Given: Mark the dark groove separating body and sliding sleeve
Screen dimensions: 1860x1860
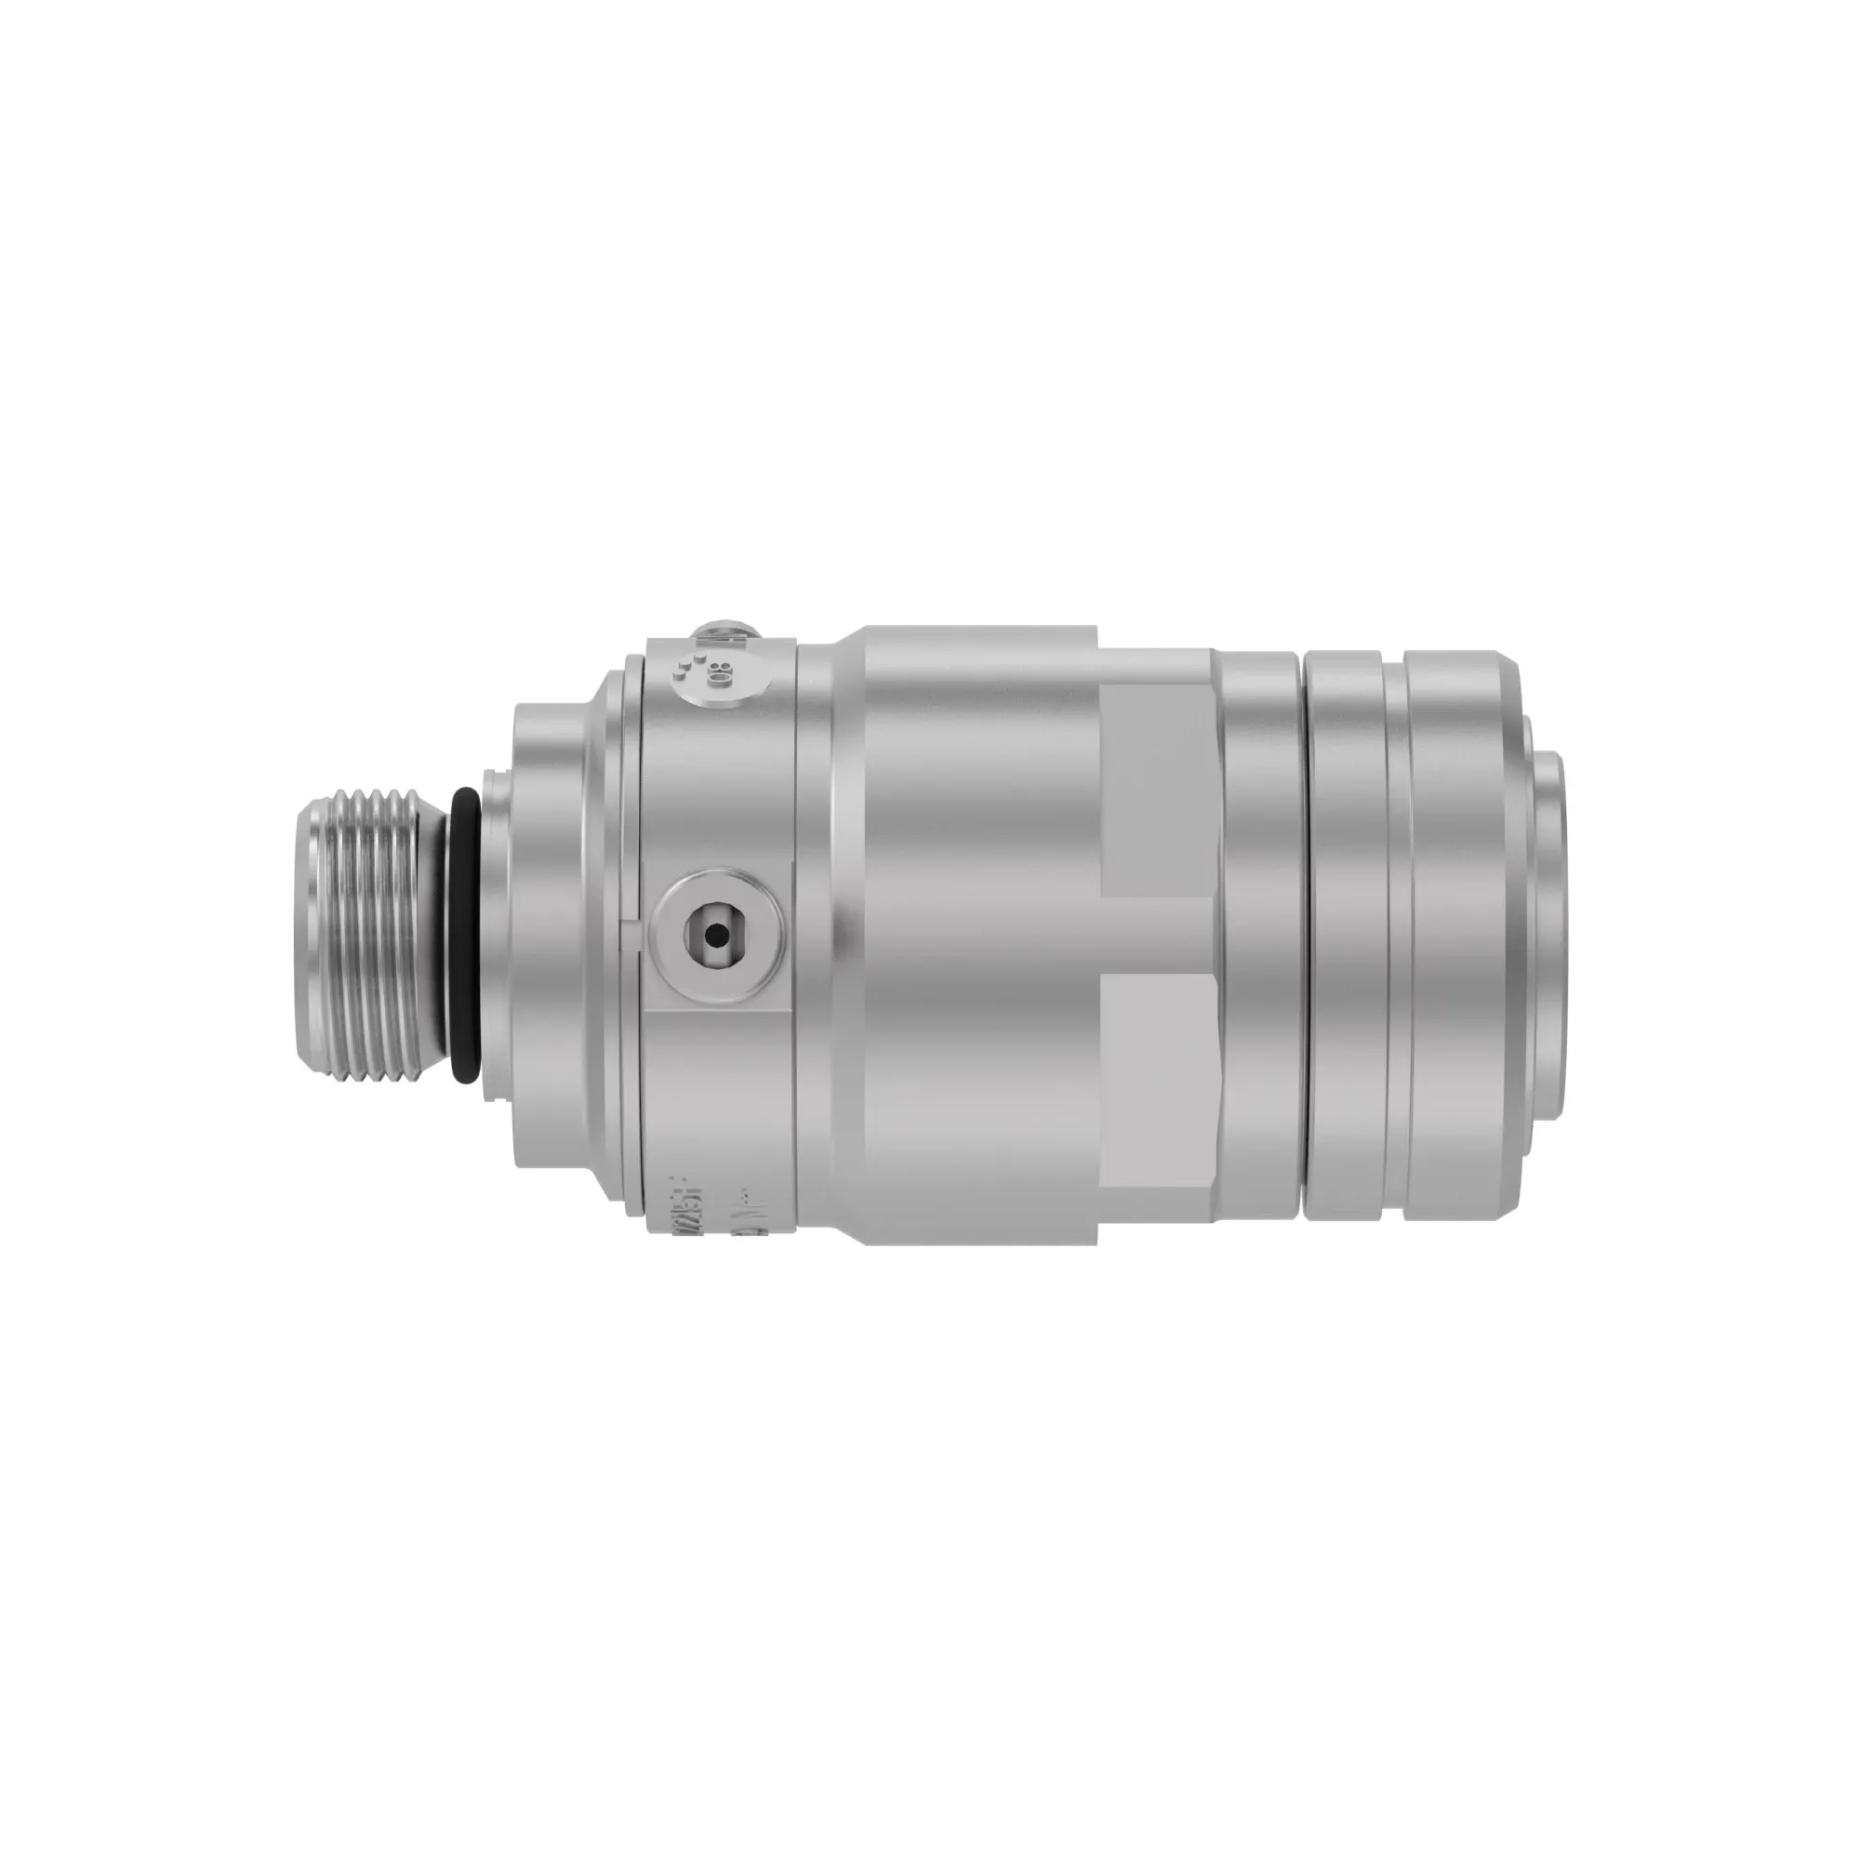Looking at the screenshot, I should pos(1301,934).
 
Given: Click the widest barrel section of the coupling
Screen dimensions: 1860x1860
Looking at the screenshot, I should pos(982,934).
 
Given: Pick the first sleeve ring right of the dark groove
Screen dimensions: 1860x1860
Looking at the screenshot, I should pos(1344,934).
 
